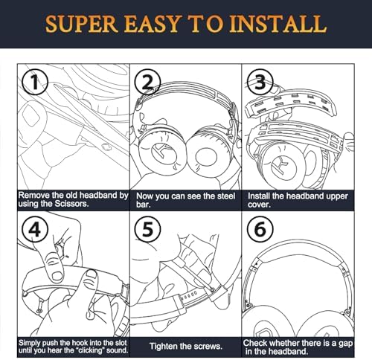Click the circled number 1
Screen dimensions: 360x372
coord(33,80)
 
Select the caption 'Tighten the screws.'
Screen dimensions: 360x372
coord(185,346)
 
